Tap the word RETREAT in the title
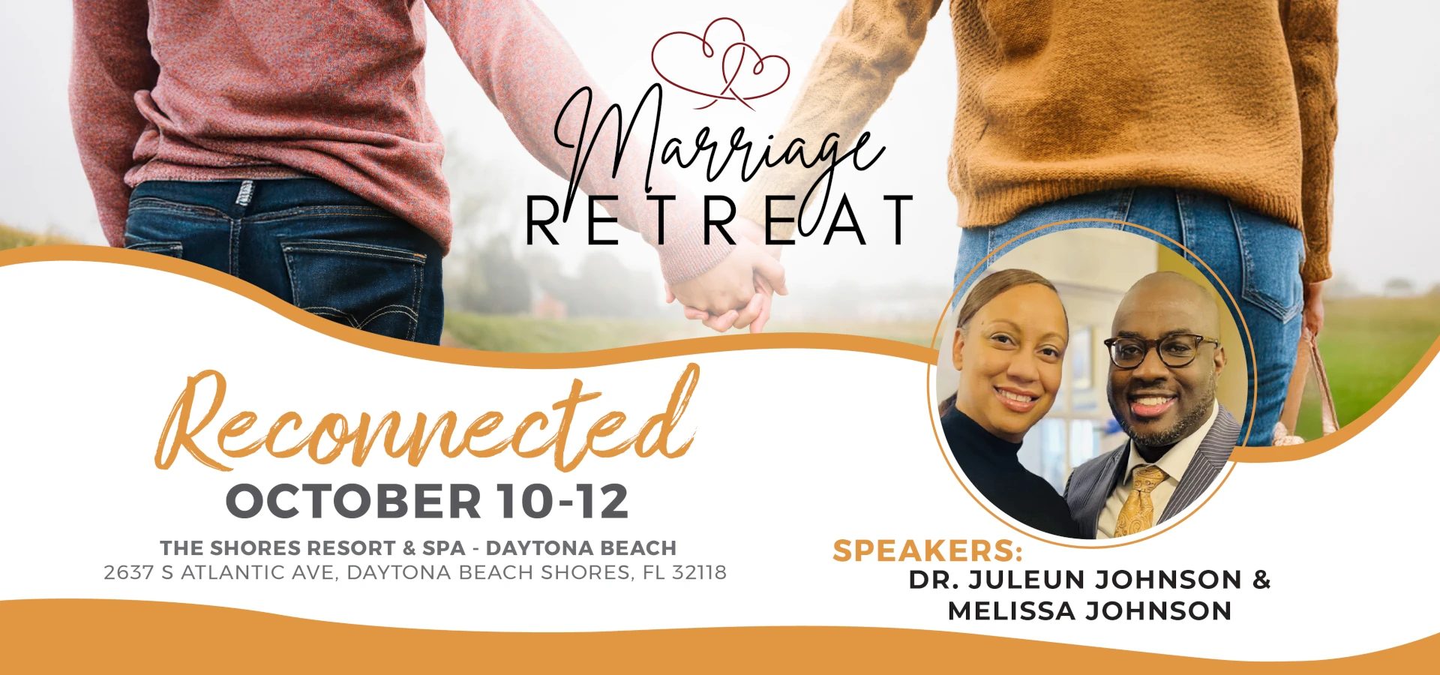coord(718,220)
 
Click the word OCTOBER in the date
coord(353,501)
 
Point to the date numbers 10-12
coord(562,501)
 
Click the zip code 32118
coord(699,573)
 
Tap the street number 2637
coord(128,573)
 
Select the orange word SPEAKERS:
coord(928,551)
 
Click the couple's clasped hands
coord(727,292)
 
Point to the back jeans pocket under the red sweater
coord(352,285)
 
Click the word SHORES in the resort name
coord(249,548)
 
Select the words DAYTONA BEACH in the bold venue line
coord(580,548)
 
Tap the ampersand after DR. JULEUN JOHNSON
coord(1261,580)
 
